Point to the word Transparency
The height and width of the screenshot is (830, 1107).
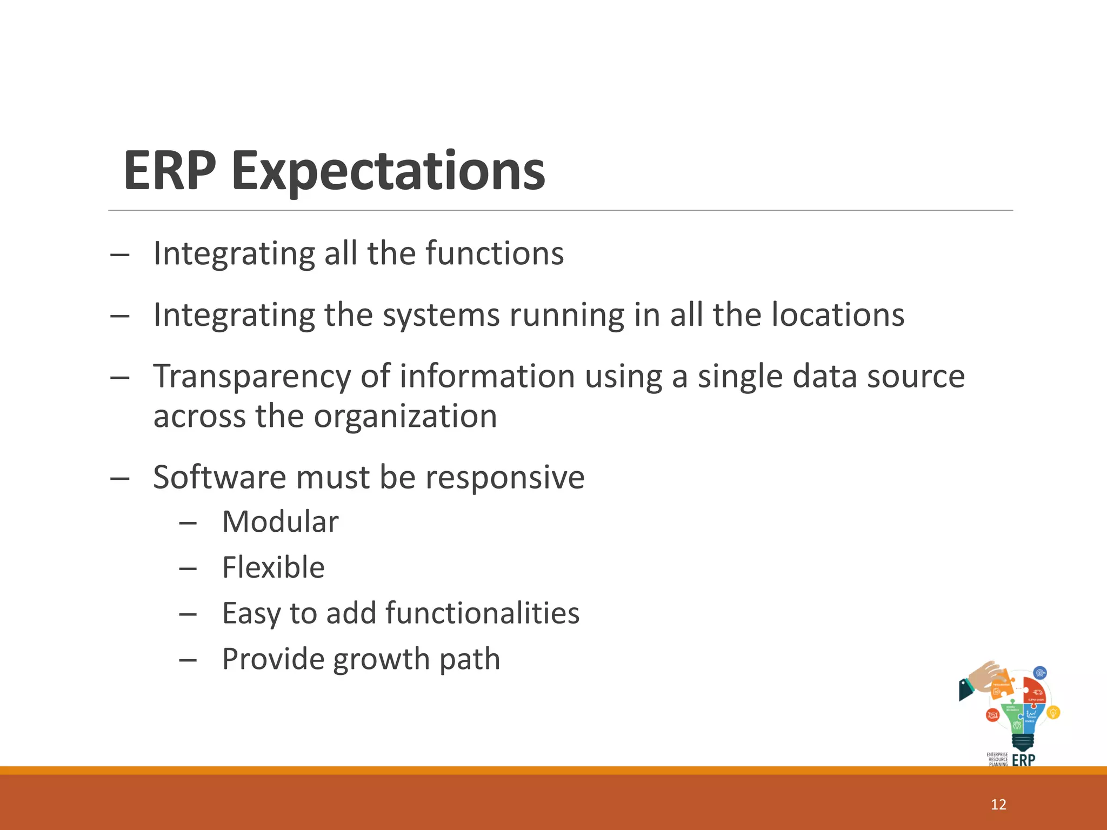(252, 377)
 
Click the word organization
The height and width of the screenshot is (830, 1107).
(405, 416)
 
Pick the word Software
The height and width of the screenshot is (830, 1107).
(219, 477)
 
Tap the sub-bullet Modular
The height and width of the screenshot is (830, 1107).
(280, 522)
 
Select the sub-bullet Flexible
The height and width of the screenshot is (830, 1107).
(274, 567)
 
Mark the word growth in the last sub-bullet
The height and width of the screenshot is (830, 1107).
(381, 659)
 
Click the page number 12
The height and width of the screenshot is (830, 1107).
(998, 805)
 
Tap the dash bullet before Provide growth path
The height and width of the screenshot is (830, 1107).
(188, 660)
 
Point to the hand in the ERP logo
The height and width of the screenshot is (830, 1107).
(983, 678)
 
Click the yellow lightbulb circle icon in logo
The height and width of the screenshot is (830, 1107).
(1053, 712)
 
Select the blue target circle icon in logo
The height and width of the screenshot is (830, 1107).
(1039, 673)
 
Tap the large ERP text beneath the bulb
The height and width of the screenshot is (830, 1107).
(1023, 760)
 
